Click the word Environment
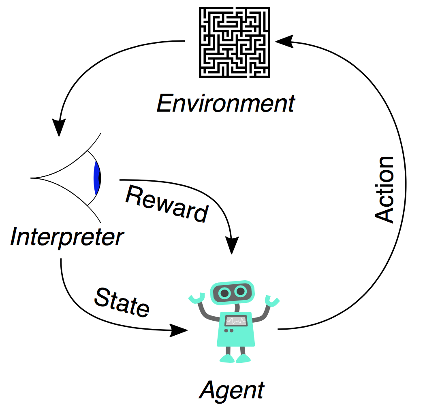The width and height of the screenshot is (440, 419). [x=226, y=104]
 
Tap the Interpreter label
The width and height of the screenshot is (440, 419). [x=66, y=237]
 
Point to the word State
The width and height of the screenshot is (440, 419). [x=122, y=303]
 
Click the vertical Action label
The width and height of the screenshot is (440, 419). [x=384, y=189]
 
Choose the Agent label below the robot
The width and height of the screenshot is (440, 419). [x=231, y=391]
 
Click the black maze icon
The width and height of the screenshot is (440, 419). [x=235, y=42]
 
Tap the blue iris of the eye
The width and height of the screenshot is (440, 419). [x=96, y=178]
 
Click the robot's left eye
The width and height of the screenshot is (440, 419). [x=224, y=292]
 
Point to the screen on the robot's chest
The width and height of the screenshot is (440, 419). [x=236, y=321]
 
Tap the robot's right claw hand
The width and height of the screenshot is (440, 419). [x=272, y=301]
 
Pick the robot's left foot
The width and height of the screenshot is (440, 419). [x=226, y=358]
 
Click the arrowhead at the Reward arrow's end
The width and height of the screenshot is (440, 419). [x=232, y=245]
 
